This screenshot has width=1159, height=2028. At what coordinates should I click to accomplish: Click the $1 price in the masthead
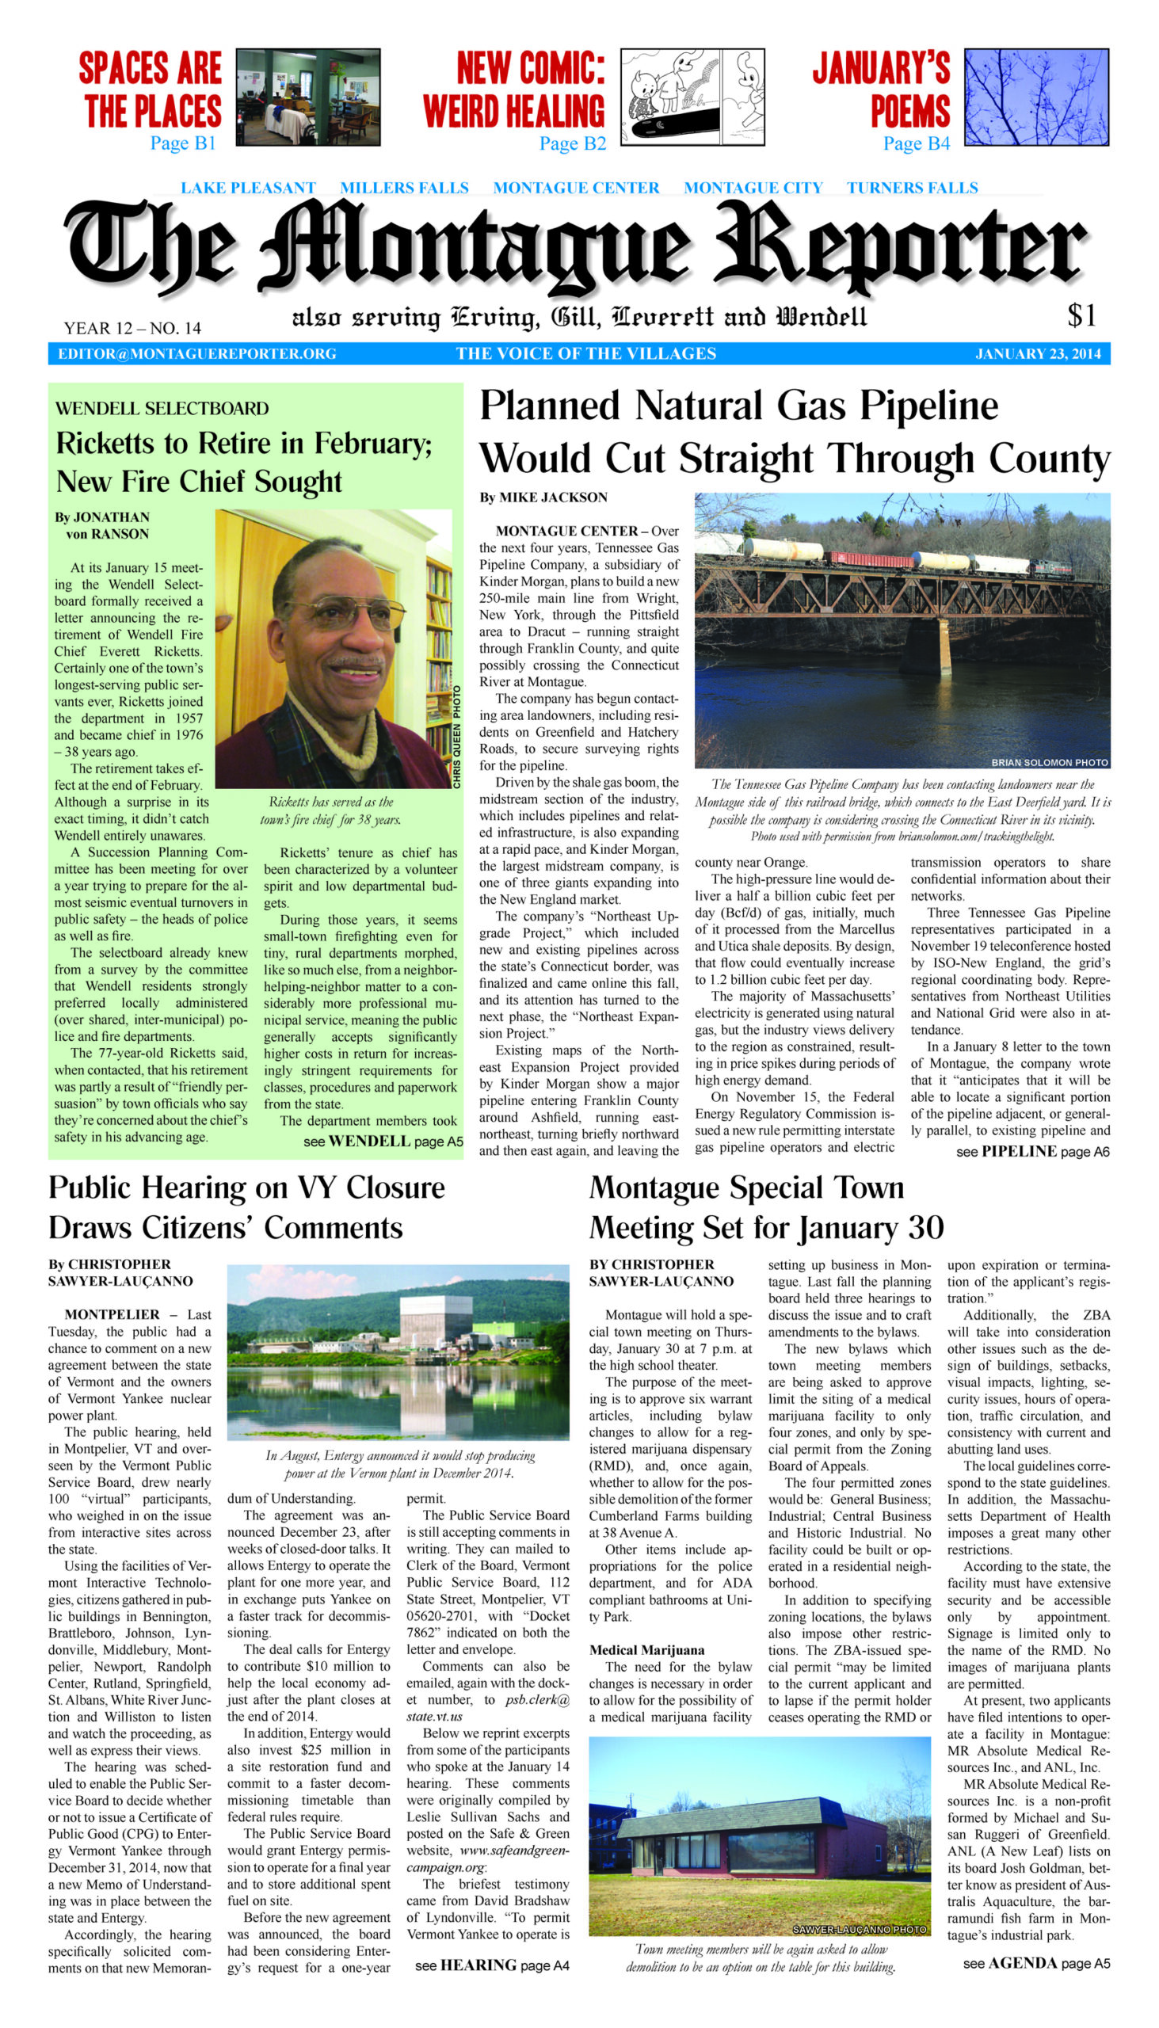click(x=1081, y=316)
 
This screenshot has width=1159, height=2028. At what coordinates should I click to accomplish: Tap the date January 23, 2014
click(x=1038, y=354)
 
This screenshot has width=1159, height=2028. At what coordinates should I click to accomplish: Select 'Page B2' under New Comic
click(x=572, y=144)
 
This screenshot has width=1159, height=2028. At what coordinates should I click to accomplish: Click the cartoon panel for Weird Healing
click(x=692, y=97)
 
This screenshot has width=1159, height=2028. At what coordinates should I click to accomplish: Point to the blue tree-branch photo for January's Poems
click(x=1035, y=97)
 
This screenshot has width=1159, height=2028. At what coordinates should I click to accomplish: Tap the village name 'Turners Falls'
click(x=912, y=189)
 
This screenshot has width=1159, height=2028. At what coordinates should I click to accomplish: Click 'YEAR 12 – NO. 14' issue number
click(x=132, y=328)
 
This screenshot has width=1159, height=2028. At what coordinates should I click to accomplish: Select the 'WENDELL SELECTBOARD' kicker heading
click(x=162, y=409)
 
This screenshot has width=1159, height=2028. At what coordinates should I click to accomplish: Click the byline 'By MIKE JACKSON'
click(x=543, y=497)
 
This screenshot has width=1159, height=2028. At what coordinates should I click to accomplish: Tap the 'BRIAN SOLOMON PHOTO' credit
click(x=1048, y=762)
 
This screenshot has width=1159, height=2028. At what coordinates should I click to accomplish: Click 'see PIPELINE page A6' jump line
click(x=1032, y=1152)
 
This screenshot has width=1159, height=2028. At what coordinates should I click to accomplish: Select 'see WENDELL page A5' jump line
click(x=383, y=1142)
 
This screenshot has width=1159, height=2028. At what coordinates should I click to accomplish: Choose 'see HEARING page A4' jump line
click(x=492, y=1965)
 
